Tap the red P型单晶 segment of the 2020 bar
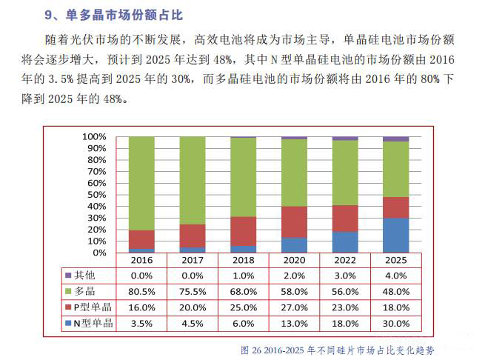click(x=294, y=221)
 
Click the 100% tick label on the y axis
click(x=94, y=137)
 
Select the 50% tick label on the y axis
click(x=96, y=195)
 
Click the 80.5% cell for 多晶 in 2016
click(x=141, y=291)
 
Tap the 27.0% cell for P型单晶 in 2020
click(x=294, y=307)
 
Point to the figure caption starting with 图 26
click(x=337, y=348)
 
